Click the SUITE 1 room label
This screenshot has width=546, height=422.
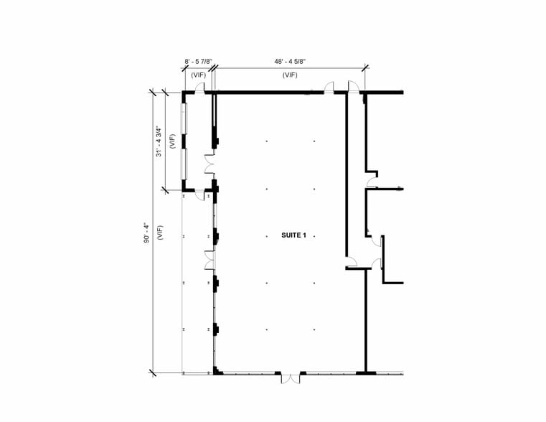[293, 235]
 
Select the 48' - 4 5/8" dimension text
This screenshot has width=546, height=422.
[290, 62]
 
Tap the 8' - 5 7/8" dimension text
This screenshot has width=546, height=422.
[198, 62]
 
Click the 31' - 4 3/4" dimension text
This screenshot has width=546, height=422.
[159, 141]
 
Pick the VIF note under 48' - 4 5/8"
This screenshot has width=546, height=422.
[290, 75]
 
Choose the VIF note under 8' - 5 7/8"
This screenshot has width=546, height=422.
[199, 75]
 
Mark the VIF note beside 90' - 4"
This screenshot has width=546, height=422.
[160, 233]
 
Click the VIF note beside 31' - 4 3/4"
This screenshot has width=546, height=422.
[172, 141]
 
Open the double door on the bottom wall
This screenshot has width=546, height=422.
[291, 378]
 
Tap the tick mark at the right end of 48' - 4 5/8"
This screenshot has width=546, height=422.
[365, 68]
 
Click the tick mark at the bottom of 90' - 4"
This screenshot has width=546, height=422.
[153, 373]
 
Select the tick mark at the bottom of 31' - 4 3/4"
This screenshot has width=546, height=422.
[165, 190]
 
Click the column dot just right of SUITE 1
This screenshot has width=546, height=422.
[314, 236]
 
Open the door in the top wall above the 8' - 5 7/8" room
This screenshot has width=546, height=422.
[199, 88]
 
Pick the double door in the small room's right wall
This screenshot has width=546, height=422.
[209, 164]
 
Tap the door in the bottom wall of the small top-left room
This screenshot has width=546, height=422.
[199, 195]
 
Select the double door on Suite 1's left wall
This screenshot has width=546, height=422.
[210, 260]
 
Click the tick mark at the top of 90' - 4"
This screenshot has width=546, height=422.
[153, 93]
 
